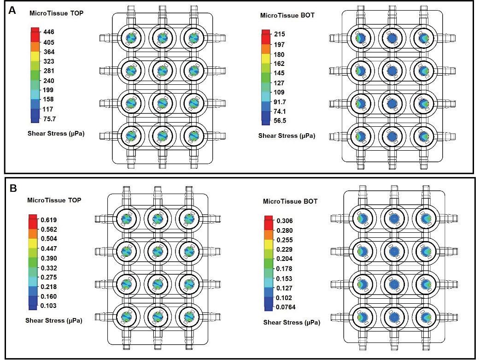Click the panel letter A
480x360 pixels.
click(x=12, y=11)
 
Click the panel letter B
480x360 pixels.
click(x=13, y=188)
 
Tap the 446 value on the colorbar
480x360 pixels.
click(x=49, y=32)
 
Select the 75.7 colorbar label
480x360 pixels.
click(x=50, y=119)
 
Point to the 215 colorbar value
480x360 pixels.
click(x=280, y=34)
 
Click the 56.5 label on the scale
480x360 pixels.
click(x=280, y=121)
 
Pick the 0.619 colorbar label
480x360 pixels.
click(x=49, y=220)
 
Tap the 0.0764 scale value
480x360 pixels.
click(x=286, y=307)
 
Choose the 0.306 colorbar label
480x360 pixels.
click(x=285, y=221)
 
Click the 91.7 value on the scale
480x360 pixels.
click(x=280, y=102)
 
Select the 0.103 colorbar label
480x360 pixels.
click(x=49, y=306)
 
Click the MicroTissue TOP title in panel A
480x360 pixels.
click(x=56, y=13)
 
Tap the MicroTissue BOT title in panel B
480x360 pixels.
click(x=290, y=201)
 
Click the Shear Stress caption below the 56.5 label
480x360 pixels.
click(x=287, y=136)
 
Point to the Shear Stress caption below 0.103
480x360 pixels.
click(x=54, y=320)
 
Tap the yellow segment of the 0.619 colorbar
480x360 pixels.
click(x=33, y=243)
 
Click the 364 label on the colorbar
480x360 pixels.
click(x=49, y=52)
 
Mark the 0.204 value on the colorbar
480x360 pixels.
click(x=285, y=259)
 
